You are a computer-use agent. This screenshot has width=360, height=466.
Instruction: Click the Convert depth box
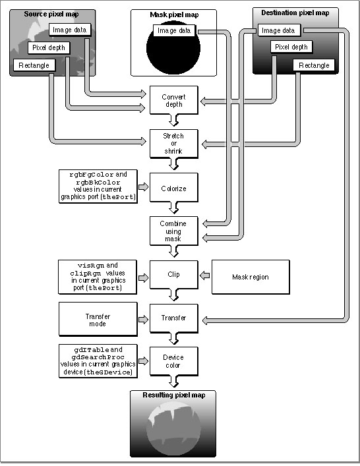tap(174, 100)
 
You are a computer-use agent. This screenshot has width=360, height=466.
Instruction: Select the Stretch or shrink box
tap(174, 144)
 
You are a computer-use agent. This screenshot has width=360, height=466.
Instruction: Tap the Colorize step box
tap(174, 188)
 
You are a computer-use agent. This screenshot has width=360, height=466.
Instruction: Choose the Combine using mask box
tap(174, 231)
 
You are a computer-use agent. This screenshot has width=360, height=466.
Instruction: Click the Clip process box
tap(174, 275)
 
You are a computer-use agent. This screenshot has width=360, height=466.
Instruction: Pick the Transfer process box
tap(174, 318)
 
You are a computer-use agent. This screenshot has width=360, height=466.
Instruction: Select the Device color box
tap(174, 361)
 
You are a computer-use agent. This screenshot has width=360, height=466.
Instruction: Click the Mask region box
tap(251, 277)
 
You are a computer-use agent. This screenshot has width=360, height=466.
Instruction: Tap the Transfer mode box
tap(98, 320)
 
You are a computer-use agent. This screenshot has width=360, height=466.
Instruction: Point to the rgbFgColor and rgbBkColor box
tap(98, 187)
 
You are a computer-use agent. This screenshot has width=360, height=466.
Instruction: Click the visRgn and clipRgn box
tap(98, 277)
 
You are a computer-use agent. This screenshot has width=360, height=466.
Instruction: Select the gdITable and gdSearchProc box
tap(98, 361)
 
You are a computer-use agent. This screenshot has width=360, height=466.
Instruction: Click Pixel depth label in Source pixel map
tap(49, 48)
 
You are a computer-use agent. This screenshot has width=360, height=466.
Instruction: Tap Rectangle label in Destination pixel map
tap(314, 65)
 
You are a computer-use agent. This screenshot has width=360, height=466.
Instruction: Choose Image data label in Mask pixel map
tap(174, 30)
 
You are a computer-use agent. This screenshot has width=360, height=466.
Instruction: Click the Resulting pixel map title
tap(174, 395)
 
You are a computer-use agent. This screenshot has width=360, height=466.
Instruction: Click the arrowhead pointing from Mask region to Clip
tap(204, 276)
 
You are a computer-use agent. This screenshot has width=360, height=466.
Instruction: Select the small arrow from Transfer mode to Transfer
tap(143, 320)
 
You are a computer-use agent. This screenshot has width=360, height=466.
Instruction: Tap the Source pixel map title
tap(51, 14)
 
